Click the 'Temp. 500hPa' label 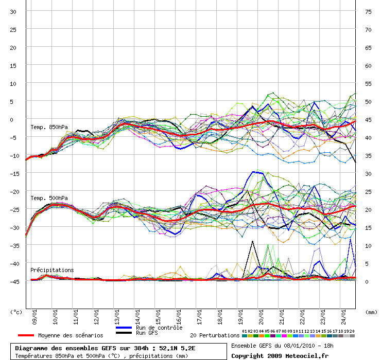49,198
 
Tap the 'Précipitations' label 52,269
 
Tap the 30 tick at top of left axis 14,11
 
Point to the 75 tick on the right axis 368,11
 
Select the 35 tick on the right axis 368,155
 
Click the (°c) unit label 16,312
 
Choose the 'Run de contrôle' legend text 159,328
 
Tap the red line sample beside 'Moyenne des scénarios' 22,335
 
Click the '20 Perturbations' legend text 215,335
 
